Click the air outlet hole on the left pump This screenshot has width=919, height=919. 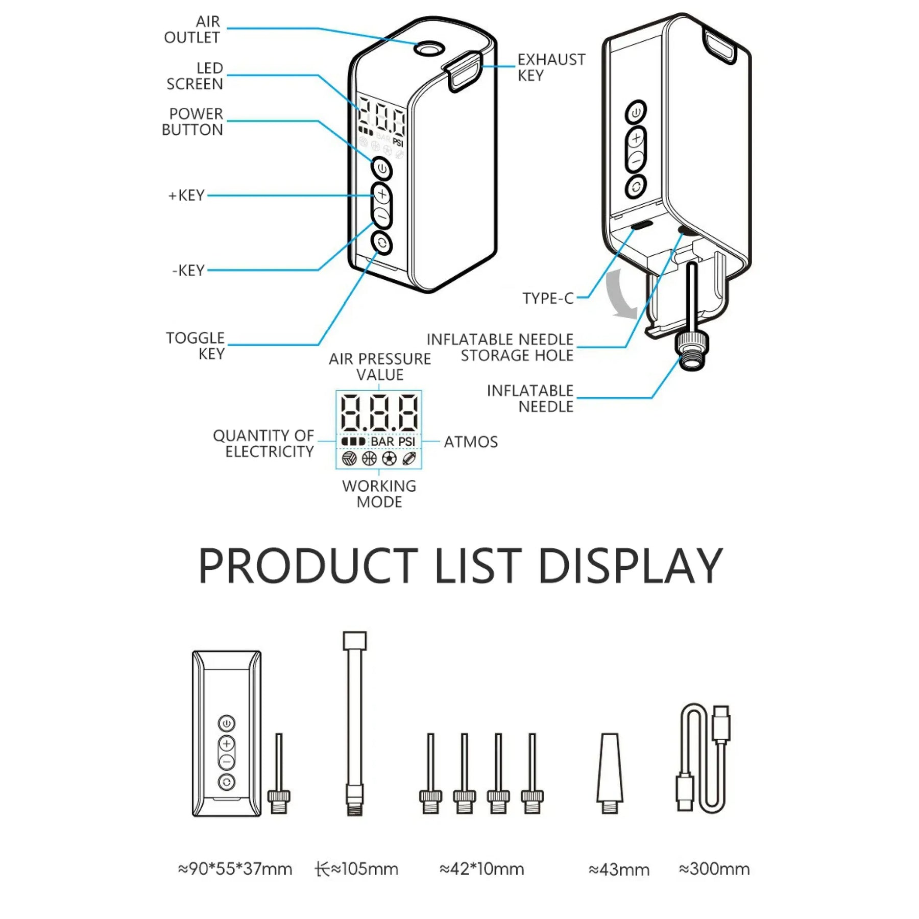coord(428,49)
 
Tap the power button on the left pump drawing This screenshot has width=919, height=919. coord(382,169)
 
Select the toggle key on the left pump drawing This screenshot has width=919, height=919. coord(382,243)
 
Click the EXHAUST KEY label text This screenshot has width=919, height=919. coord(551,67)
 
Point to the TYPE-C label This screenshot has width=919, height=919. coord(548,298)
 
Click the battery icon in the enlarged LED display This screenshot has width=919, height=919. coord(353,441)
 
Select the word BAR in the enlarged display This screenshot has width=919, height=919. coord(382,441)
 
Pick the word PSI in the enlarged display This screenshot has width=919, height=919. coord(407,441)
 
